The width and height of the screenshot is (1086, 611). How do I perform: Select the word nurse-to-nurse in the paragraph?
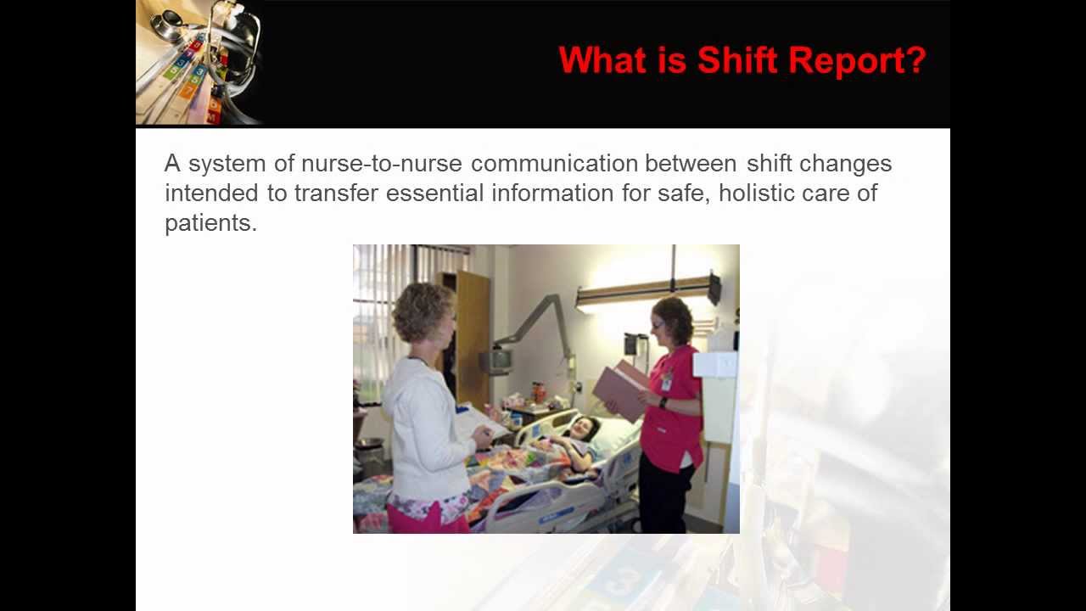tap(382, 163)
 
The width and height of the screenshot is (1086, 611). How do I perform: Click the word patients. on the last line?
tap(210, 222)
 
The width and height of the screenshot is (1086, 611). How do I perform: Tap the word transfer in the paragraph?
tap(336, 193)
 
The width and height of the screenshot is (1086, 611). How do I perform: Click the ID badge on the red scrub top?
tap(667, 381)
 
